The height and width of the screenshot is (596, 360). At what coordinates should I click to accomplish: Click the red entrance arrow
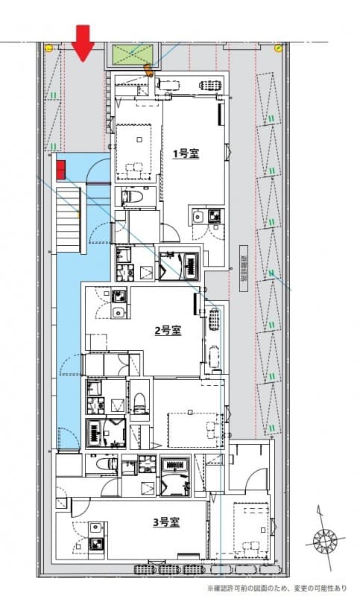tap(83, 42)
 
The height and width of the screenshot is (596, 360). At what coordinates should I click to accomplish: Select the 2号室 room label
tap(168, 330)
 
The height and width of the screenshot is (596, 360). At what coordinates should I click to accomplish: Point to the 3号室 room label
tap(166, 522)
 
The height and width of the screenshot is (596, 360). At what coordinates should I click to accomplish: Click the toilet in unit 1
tap(132, 197)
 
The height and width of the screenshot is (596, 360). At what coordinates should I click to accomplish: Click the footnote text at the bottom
tap(282, 588)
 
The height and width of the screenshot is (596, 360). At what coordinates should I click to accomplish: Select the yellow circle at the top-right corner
tap(277, 48)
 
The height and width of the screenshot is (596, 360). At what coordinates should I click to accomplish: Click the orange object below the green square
tap(148, 72)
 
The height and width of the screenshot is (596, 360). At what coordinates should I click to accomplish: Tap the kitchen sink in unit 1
tap(198, 218)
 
